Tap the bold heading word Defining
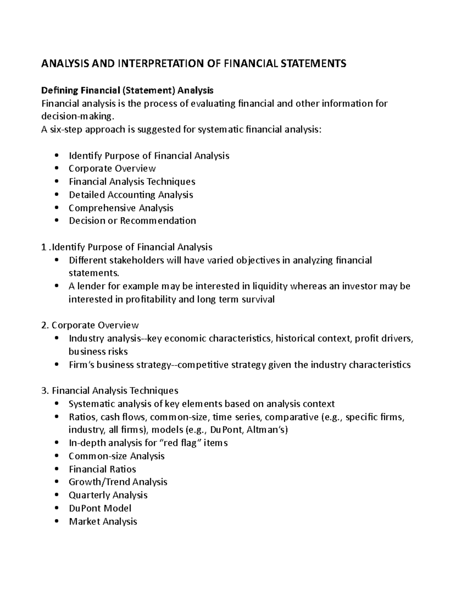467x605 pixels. point(60,90)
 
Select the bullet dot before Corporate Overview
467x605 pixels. point(57,169)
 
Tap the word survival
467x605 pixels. point(258,299)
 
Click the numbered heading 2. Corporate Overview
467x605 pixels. point(90,325)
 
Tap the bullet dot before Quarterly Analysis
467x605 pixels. point(57,495)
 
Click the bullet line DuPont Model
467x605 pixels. point(100,508)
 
